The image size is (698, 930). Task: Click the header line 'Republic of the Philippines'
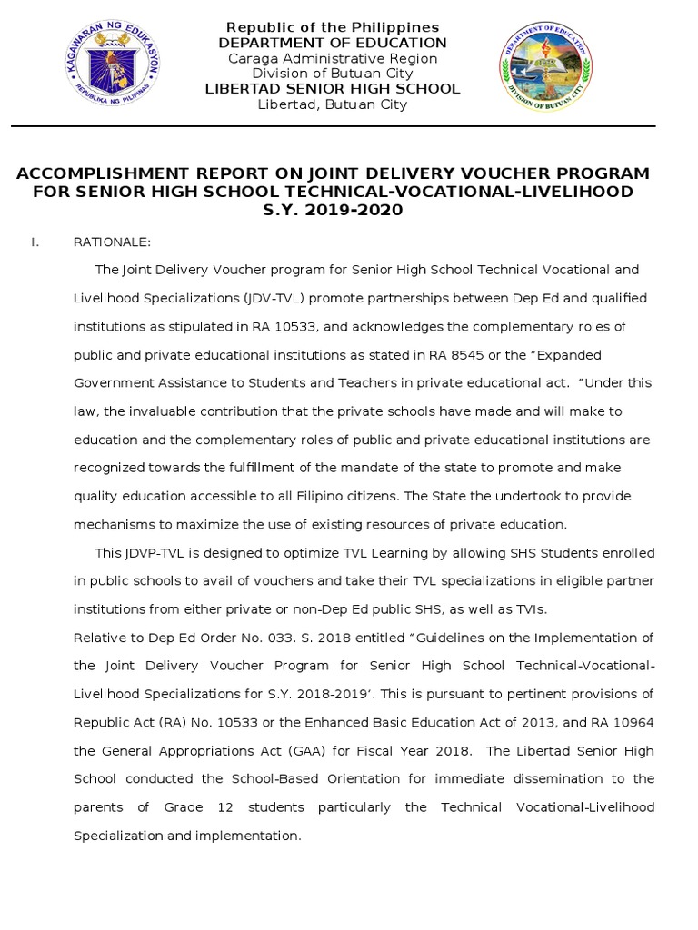click(x=332, y=27)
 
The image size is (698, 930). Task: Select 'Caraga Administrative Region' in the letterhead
click(x=332, y=58)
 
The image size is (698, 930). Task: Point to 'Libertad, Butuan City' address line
click(x=332, y=104)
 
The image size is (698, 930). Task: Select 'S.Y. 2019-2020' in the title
click(x=332, y=211)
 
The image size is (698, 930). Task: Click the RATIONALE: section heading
click(x=112, y=242)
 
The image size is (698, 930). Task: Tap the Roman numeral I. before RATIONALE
click(x=35, y=242)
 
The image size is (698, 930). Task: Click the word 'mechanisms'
click(x=113, y=524)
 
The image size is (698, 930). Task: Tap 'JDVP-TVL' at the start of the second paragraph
click(x=154, y=553)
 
